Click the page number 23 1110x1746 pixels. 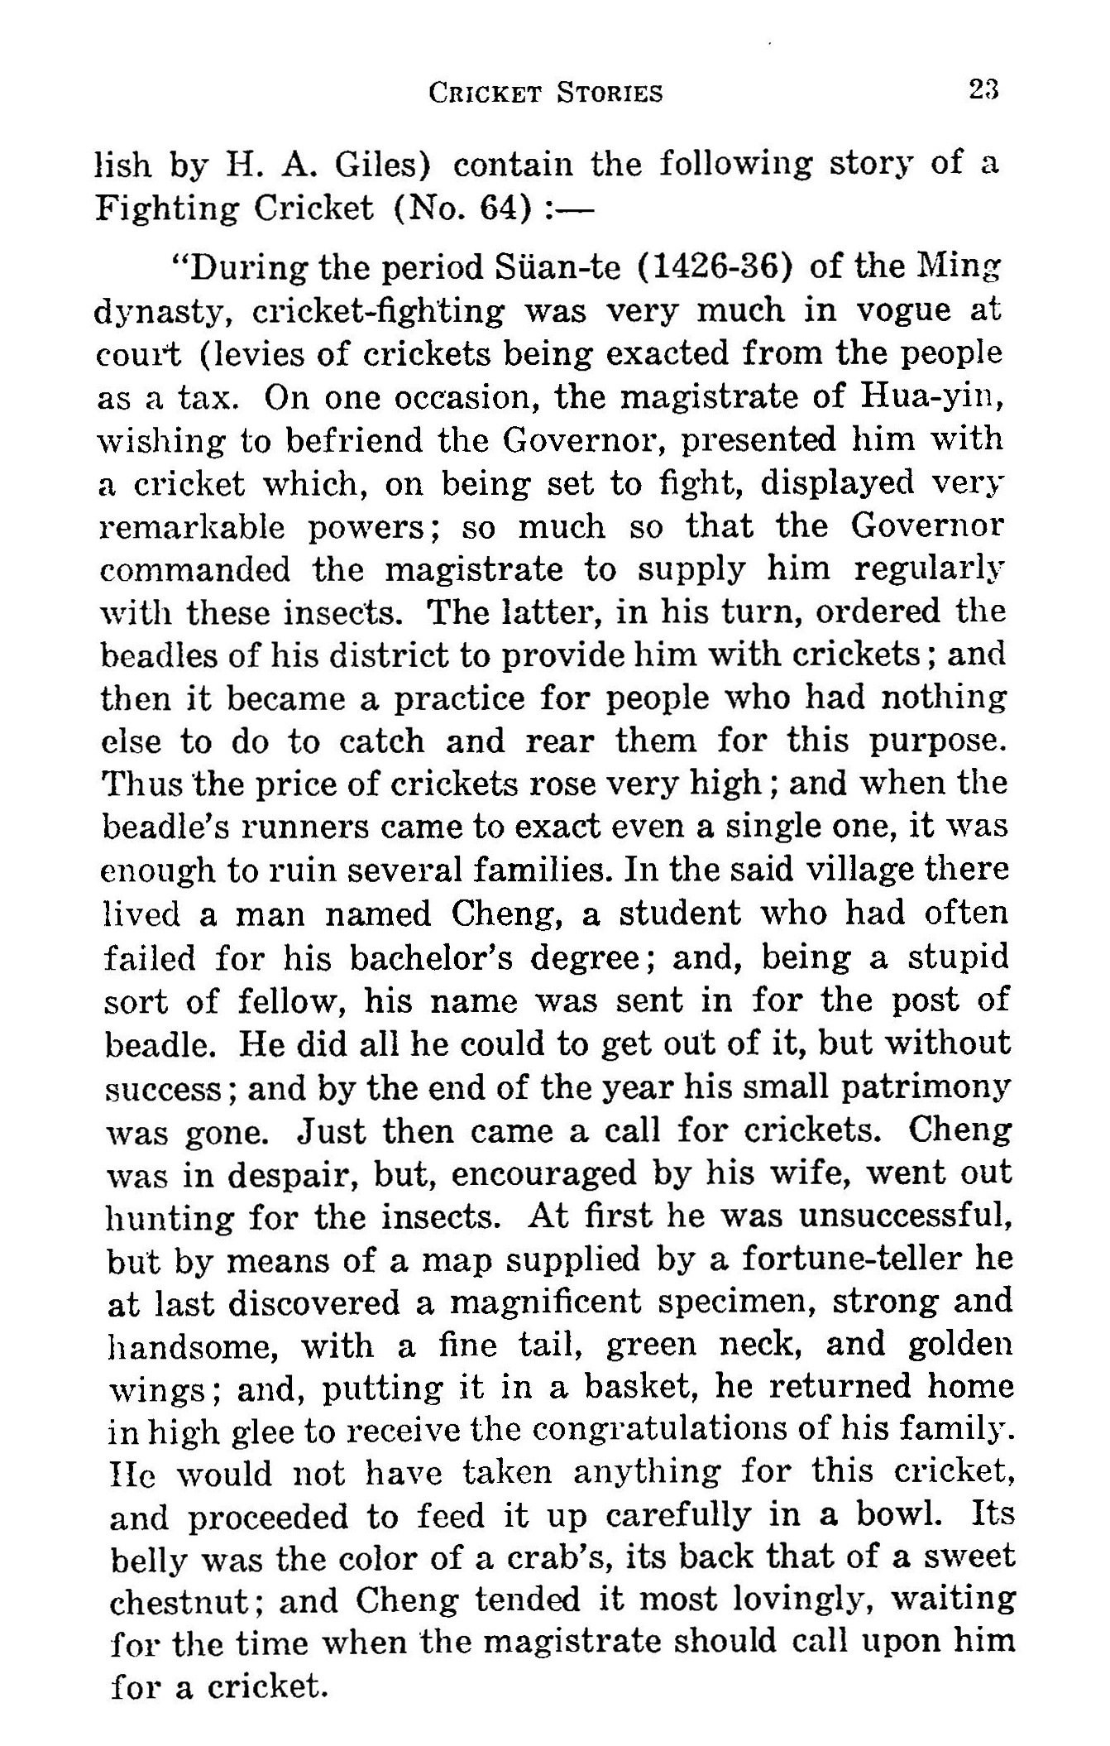click(x=983, y=89)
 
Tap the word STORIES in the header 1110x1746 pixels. click(x=610, y=93)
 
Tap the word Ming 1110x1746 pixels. click(x=959, y=268)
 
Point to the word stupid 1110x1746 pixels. click(x=959, y=957)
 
